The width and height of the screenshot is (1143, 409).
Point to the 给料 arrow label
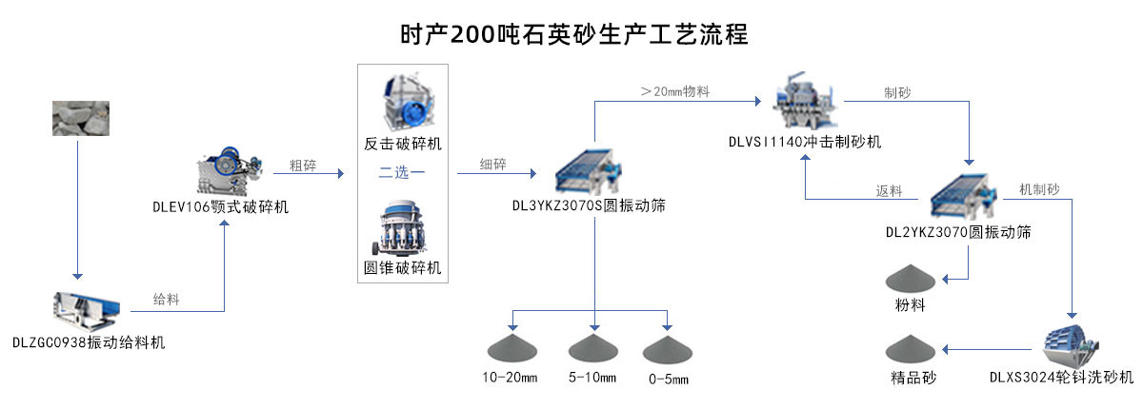[x=166, y=300]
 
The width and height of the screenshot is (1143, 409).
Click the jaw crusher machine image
[x=228, y=171]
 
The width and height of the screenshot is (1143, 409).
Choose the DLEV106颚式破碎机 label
[x=220, y=206]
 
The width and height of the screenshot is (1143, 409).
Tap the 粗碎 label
[x=302, y=166]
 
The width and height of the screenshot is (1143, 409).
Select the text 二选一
[x=402, y=172]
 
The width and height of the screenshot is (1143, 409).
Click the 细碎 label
[x=493, y=166]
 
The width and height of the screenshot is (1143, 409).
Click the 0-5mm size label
[x=666, y=380]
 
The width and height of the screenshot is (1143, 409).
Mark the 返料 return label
[x=889, y=190]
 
